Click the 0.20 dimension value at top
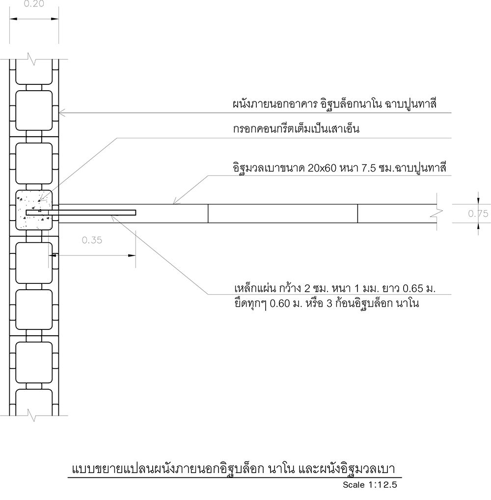[34, 4]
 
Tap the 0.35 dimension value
[92, 240]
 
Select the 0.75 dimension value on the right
[478, 213]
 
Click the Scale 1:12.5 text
[370, 485]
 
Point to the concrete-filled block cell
[34, 210]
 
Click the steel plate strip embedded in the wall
[81, 213]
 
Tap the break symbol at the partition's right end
[436, 213]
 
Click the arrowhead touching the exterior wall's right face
[62, 113]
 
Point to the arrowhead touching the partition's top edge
[176, 201]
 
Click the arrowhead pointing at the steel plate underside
[114, 218]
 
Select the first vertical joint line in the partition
[208, 213]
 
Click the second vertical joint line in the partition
[357, 213]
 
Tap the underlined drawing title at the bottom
[234, 469]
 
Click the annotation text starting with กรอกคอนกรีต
[296, 129]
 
